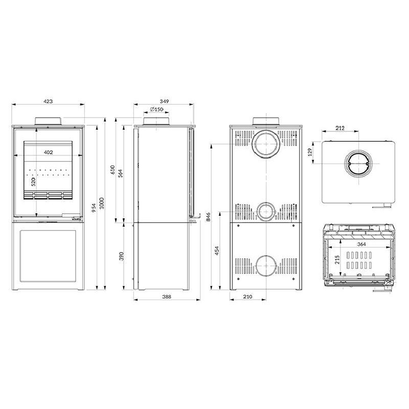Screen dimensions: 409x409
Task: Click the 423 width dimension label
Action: pyautogui.click(x=48, y=101)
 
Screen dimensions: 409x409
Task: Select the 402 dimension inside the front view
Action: pyautogui.click(x=48, y=152)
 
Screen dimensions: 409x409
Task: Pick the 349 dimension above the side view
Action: pyautogui.click(x=164, y=101)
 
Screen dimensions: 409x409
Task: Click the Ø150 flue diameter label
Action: pyautogui.click(x=156, y=109)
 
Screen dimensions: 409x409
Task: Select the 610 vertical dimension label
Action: pyautogui.click(x=113, y=171)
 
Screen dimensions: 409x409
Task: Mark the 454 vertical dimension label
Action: pyautogui.click(x=217, y=251)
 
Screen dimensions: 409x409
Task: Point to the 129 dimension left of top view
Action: pyautogui.click(x=311, y=153)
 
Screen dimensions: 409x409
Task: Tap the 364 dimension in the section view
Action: pyautogui.click(x=361, y=244)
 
